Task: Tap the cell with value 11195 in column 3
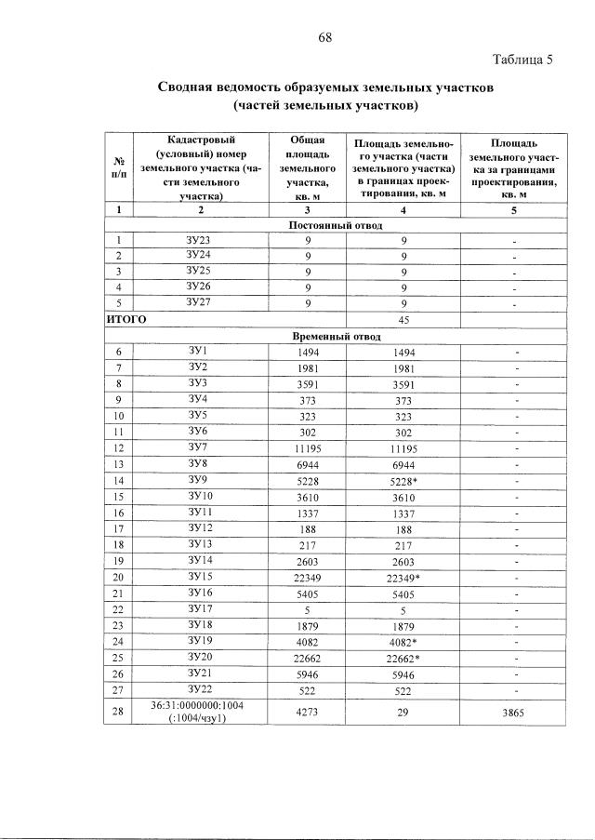click(306, 447)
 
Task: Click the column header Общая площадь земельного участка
click(306, 167)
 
